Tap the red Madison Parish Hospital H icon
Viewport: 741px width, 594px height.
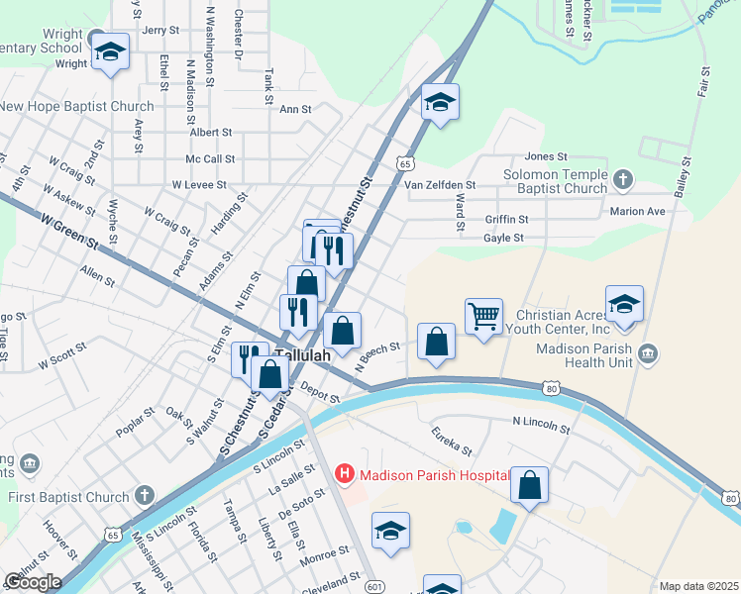(x=345, y=474)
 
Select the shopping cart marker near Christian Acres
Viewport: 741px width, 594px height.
(x=483, y=318)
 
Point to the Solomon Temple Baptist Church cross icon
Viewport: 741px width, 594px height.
(x=622, y=179)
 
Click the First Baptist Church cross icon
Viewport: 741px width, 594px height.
(x=145, y=494)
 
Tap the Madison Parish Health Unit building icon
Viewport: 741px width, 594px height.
(x=648, y=353)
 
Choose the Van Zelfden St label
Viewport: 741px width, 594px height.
(x=440, y=184)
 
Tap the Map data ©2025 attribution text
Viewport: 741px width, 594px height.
(x=698, y=586)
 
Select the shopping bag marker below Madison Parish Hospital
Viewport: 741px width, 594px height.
(x=530, y=486)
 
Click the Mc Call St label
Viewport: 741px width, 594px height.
(x=210, y=158)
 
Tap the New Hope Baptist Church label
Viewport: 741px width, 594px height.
(x=77, y=106)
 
